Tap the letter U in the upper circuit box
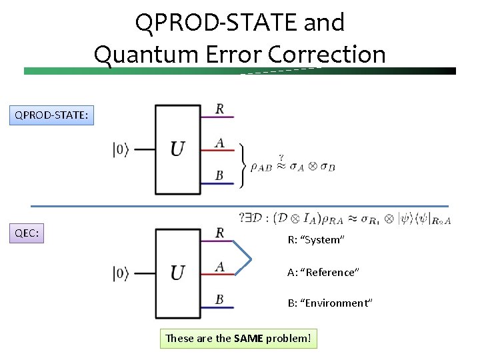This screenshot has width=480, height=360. pyautogui.click(x=177, y=149)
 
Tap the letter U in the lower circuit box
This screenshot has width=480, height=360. pyautogui.click(x=177, y=273)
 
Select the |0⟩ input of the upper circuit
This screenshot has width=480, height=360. pyautogui.click(x=121, y=150)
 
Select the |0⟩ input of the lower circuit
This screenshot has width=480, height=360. pyautogui.click(x=121, y=273)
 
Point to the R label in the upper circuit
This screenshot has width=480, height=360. pyautogui.click(x=220, y=109)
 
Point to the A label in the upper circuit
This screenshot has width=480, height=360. pyautogui.click(x=219, y=142)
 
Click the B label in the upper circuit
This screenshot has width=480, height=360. pyautogui.click(x=219, y=175)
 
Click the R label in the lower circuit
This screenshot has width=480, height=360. pyautogui.click(x=220, y=233)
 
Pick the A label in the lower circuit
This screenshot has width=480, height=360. pyautogui.click(x=219, y=266)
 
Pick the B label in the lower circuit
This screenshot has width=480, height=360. pyautogui.click(x=219, y=299)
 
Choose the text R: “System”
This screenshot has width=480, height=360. pyautogui.click(x=315, y=240)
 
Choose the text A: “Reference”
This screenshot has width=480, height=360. pyautogui.click(x=323, y=272)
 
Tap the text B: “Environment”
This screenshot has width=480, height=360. pyautogui.click(x=330, y=303)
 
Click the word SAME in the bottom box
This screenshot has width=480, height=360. pyautogui.click(x=249, y=339)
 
